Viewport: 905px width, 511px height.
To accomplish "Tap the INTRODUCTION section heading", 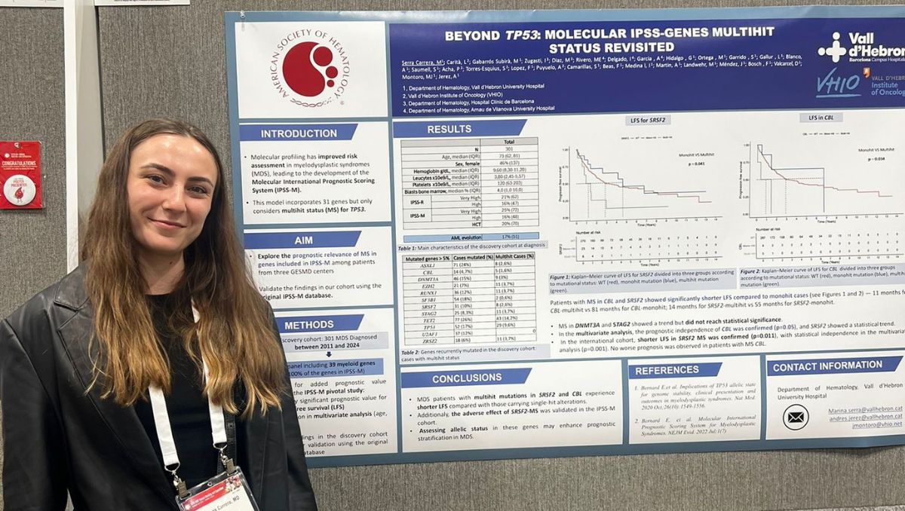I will click(299, 133).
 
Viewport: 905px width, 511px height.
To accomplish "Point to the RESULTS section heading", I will click(449, 130).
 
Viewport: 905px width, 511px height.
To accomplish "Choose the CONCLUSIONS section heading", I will click(467, 378).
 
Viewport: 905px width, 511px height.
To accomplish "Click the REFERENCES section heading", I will click(667, 371).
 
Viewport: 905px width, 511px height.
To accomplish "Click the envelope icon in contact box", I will click(795, 417).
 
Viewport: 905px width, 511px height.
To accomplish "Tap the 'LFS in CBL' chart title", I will click(821, 118).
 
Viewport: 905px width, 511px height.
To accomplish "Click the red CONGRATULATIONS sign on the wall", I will click(20, 174).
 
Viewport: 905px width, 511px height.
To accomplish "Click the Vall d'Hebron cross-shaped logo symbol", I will click(832, 47).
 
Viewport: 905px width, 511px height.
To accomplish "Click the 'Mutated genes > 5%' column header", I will click(425, 257).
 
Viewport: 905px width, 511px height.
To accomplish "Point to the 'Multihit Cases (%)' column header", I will click(515, 257).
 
